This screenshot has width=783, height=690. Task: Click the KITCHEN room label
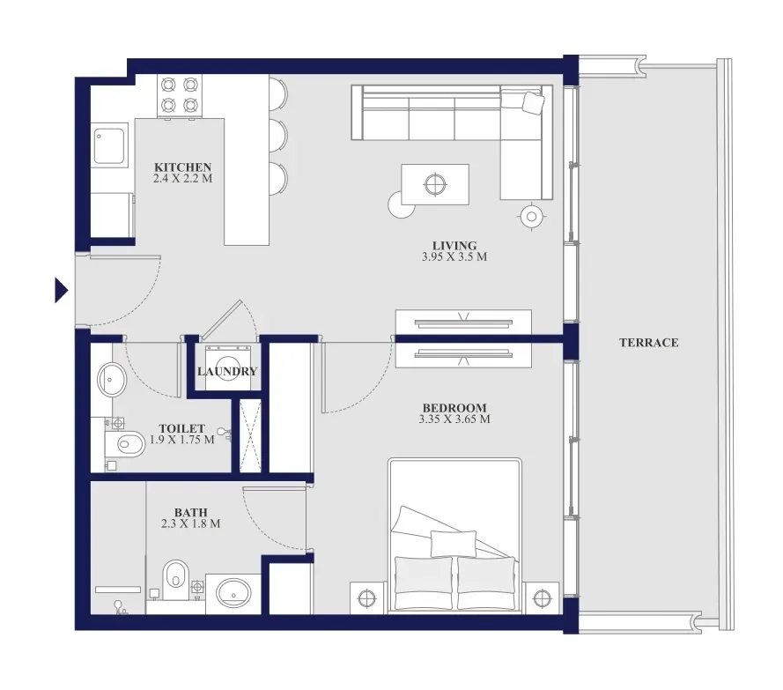coord(183,167)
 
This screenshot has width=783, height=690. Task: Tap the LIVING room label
coord(454,245)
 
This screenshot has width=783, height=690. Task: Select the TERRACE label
coord(648,342)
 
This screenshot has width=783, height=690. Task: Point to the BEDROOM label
coord(454,408)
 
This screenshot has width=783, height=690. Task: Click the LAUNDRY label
coord(227,371)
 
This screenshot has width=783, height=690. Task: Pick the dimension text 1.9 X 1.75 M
coord(182,440)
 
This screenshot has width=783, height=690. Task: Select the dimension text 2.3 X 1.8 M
coord(191,523)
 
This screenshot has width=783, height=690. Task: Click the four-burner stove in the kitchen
coord(180,96)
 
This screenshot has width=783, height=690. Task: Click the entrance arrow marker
coord(61,290)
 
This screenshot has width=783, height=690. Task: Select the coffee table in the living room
coord(435,184)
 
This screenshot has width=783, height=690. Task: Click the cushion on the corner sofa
coord(533,102)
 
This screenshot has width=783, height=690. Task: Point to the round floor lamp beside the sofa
coord(532,217)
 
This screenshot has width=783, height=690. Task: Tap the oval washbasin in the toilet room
coord(112,380)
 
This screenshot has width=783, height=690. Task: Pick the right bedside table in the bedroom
coord(542,597)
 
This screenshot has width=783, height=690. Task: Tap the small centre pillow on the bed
coord(454,543)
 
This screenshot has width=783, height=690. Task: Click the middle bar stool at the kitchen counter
coord(278,135)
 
